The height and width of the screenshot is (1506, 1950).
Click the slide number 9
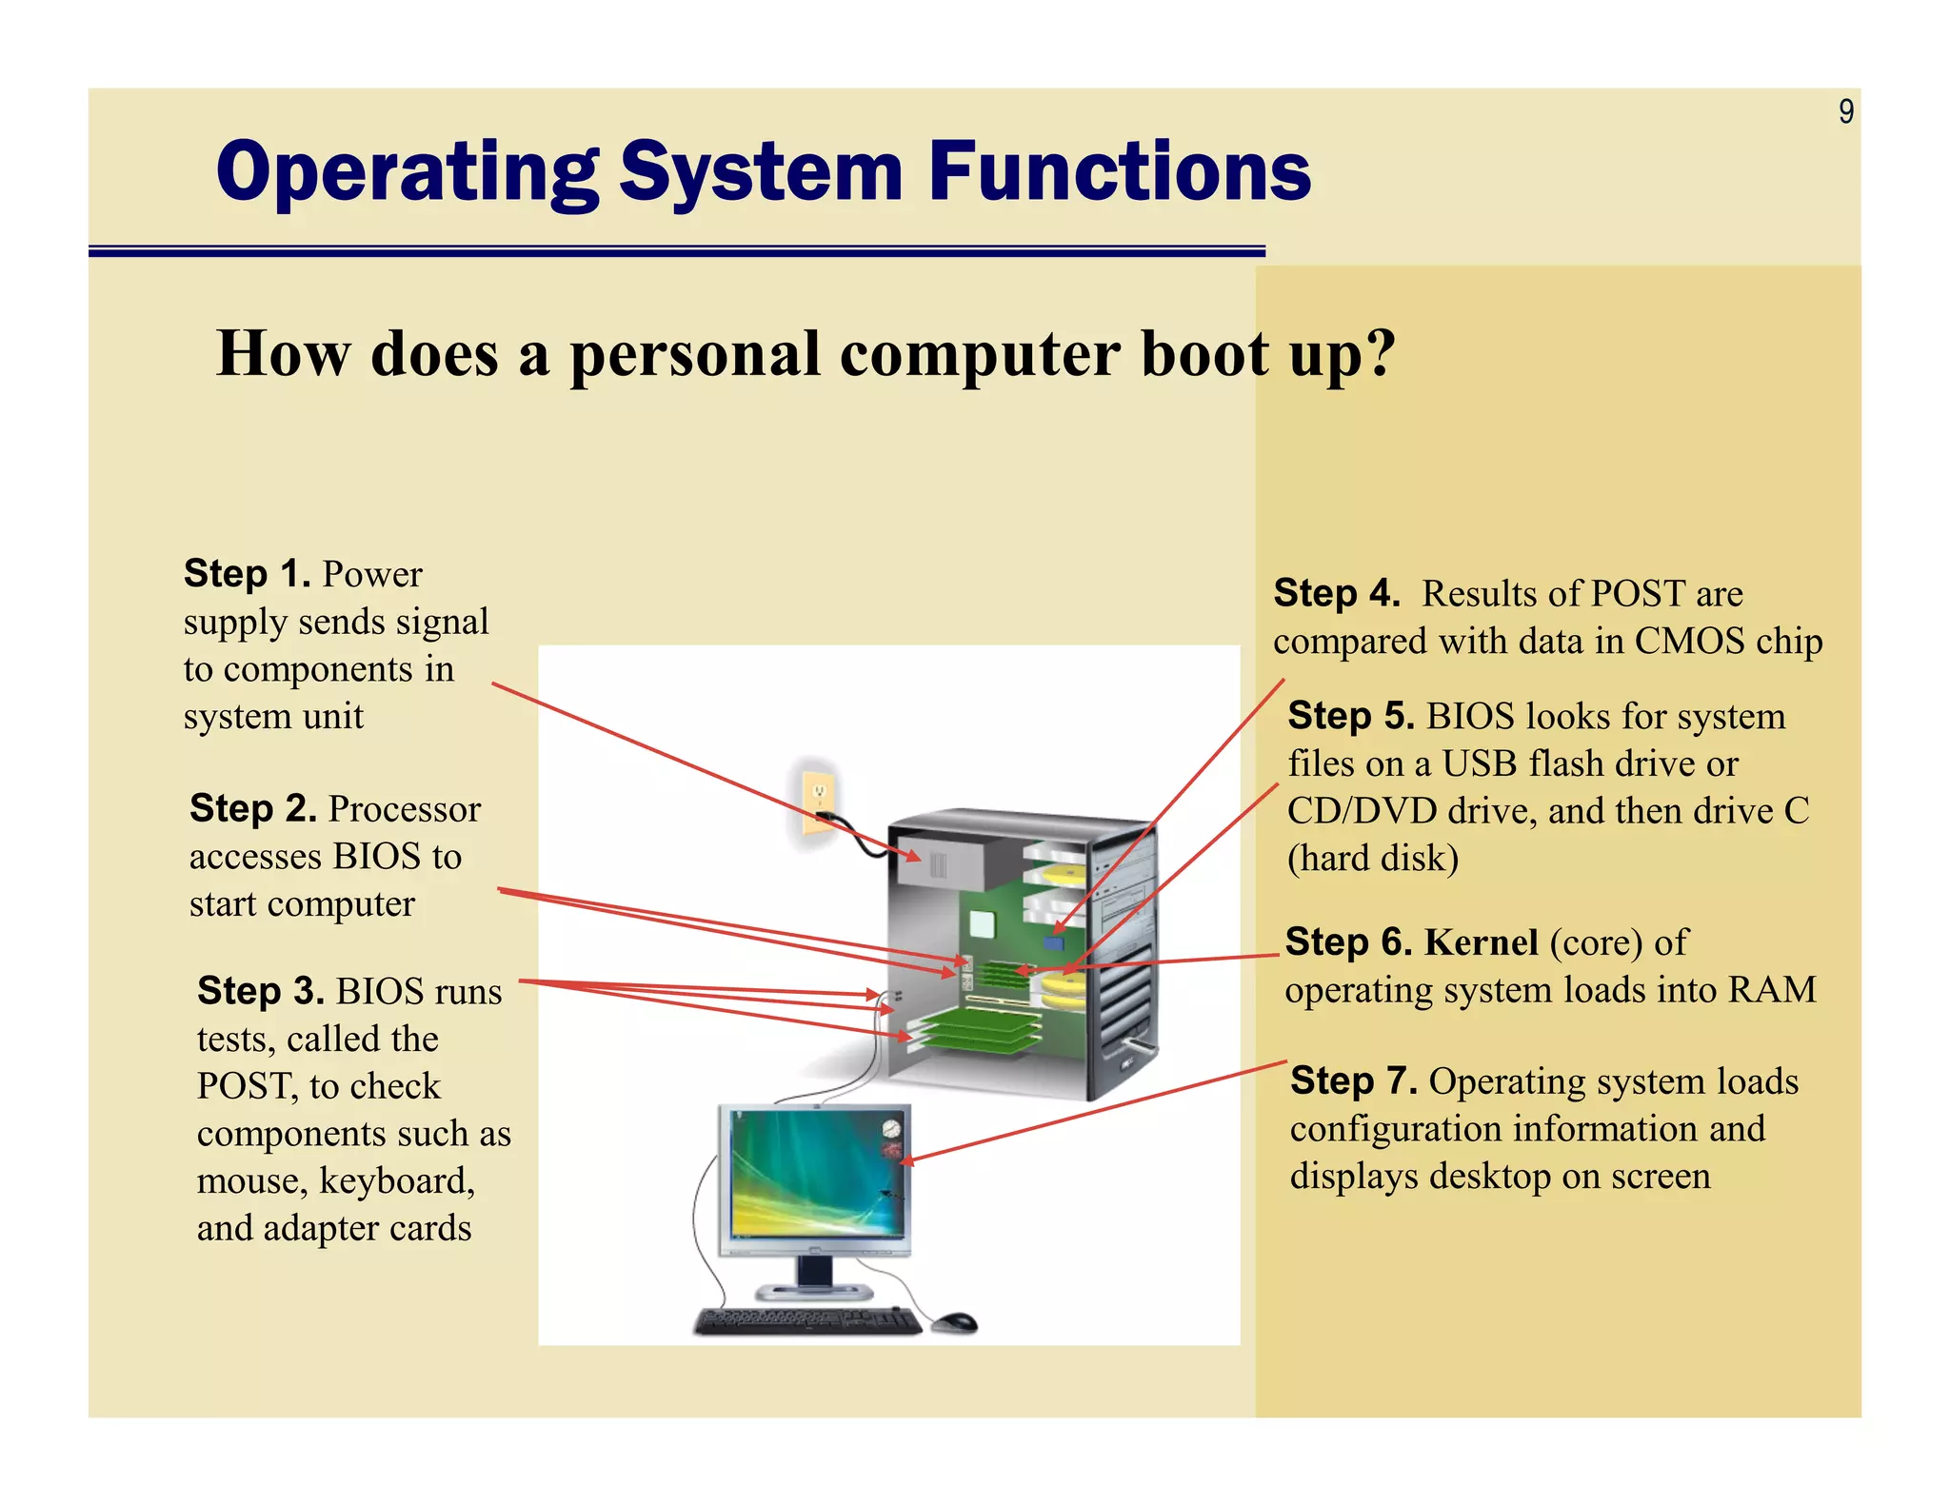1845,112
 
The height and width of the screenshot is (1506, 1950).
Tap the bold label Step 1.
248,574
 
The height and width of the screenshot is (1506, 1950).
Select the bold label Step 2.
253,809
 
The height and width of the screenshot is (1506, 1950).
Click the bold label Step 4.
1337,594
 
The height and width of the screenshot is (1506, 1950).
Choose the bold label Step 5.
1350,716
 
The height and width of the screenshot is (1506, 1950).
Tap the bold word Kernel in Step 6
1482,942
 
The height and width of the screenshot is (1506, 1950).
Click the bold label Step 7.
1353,1081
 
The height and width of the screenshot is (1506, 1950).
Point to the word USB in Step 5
1480,763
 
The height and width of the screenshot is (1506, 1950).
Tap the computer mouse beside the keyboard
954,1321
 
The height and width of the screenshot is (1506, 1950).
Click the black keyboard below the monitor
807,1320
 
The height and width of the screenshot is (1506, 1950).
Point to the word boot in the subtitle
1204,354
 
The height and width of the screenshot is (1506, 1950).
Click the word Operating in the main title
408,172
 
